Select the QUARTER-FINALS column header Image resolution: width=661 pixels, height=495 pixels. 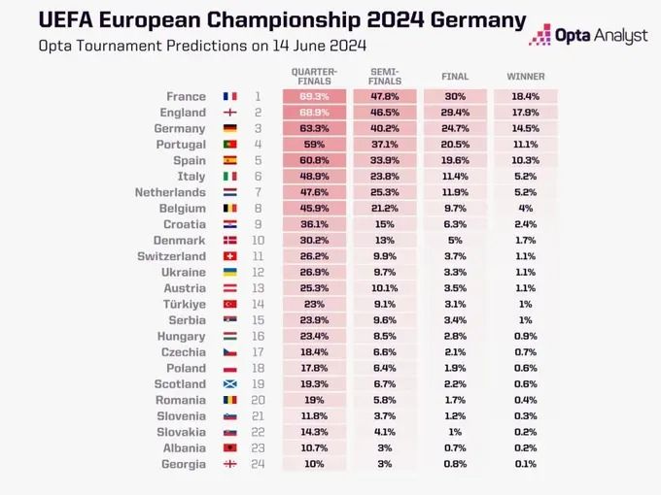point(315,77)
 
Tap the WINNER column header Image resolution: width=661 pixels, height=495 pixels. point(526,77)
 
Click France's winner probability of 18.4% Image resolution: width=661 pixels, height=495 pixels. point(526,97)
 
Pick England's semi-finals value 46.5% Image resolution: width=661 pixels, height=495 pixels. point(385,113)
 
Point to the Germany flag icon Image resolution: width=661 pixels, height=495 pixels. point(229,129)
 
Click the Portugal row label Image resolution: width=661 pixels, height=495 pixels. point(180,145)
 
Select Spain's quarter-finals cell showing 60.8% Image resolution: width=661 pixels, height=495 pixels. point(315,160)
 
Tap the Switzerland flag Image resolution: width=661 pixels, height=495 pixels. point(229,257)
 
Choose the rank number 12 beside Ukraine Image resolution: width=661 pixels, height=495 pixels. point(258,273)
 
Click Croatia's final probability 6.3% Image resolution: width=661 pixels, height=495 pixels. point(455,224)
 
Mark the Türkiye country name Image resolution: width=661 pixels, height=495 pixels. point(183,305)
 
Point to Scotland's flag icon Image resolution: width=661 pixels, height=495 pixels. point(229,384)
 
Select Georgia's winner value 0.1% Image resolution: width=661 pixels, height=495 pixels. point(526,464)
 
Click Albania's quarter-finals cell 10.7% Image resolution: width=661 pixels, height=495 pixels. point(315,448)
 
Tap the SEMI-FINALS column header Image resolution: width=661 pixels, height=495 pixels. point(385,77)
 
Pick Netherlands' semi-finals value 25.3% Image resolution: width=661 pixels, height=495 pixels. point(385,192)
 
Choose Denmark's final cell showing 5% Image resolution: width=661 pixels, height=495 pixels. point(455,241)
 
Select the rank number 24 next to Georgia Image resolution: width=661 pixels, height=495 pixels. point(258,464)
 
